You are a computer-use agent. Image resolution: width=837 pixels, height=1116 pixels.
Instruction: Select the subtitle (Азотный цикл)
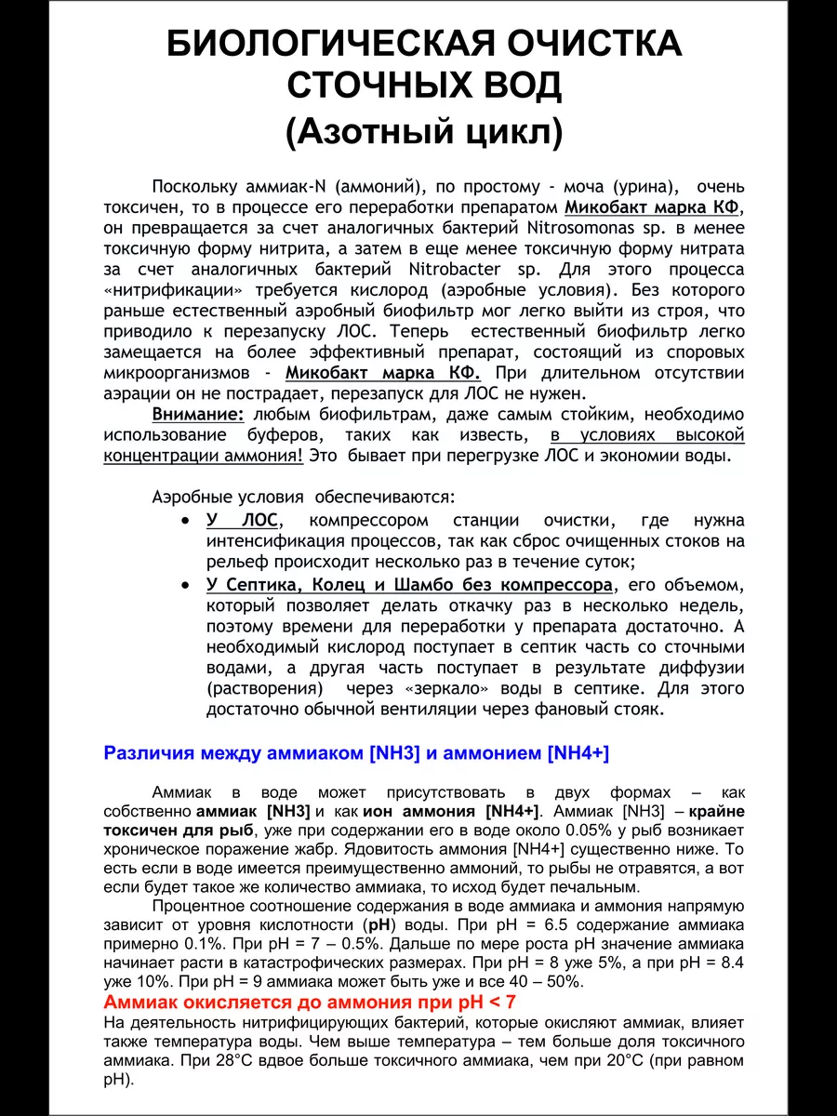point(423,133)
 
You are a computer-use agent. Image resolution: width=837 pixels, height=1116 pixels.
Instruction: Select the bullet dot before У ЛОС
point(188,521)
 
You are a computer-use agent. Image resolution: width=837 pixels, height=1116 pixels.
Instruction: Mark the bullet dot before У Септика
point(188,585)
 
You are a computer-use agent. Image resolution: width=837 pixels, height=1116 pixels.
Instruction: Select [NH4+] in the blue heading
point(578,753)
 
